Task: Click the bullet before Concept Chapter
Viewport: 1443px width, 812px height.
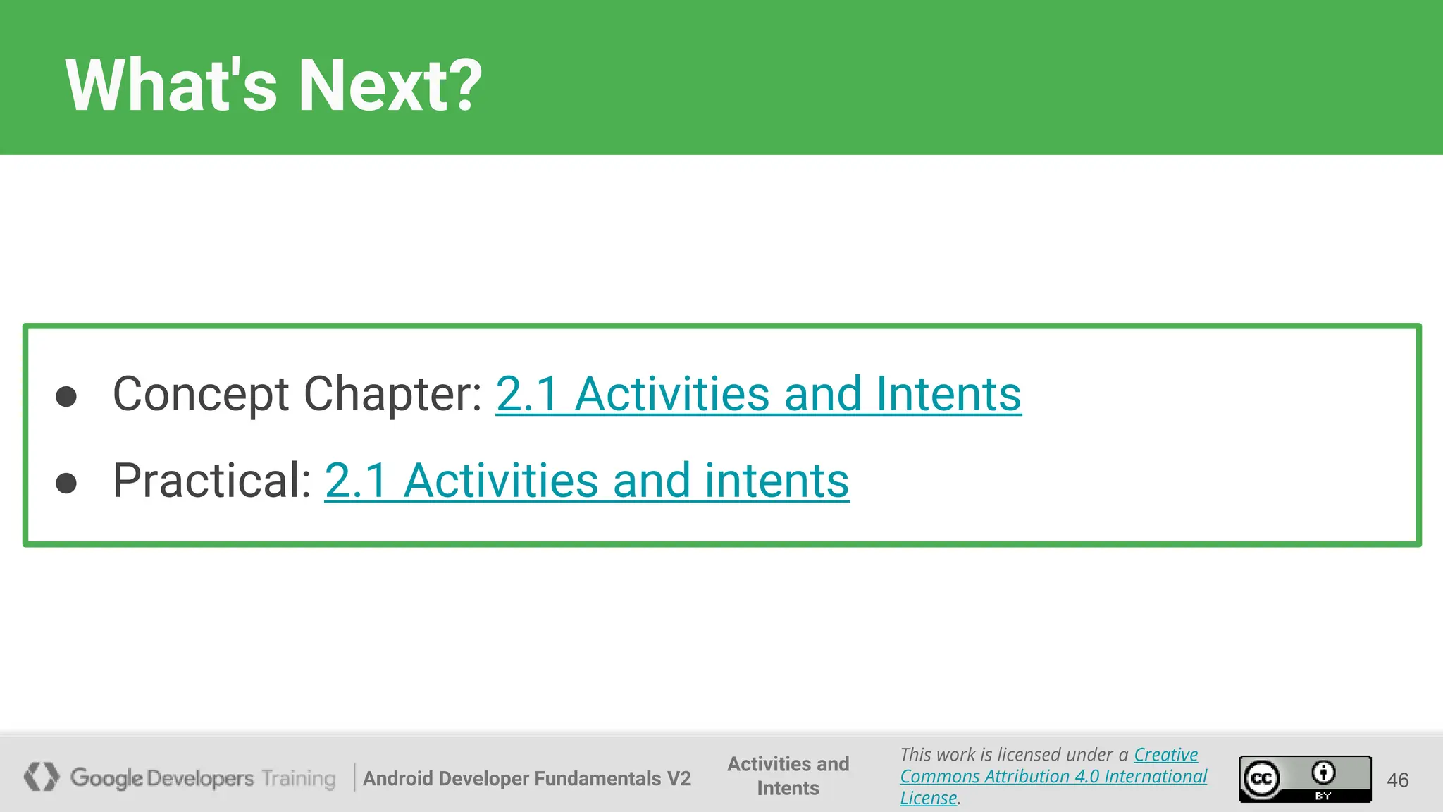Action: coord(66,396)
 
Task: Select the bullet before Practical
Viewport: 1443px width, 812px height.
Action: coord(66,484)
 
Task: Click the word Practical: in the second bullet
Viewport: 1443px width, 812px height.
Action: coord(212,481)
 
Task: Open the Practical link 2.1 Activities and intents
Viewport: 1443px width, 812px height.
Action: coord(586,481)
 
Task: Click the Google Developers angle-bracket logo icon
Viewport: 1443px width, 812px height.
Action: coord(42,777)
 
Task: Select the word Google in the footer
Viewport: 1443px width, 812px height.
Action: coord(106,778)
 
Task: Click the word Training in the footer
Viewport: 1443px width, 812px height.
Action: coord(299,778)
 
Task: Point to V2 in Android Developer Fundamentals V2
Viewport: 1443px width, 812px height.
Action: coord(679,778)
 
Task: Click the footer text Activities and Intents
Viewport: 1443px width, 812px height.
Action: coord(788,775)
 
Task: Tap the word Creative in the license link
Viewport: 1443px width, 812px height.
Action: coord(1165,755)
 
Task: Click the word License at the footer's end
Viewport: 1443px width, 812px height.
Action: coord(928,798)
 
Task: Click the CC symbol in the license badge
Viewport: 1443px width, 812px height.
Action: coord(1261,779)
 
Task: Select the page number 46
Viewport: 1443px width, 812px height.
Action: coord(1397,780)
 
